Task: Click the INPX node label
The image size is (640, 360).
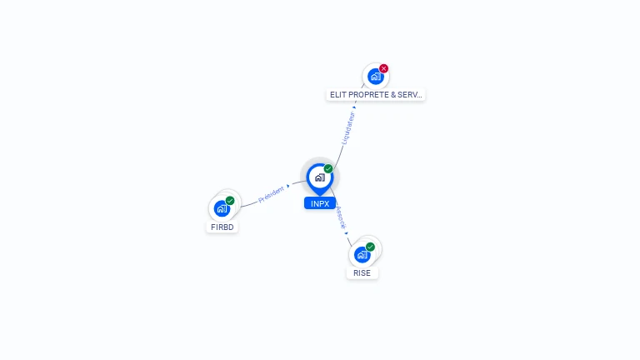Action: pyautogui.click(x=319, y=203)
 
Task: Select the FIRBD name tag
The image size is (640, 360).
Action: pyautogui.click(x=222, y=227)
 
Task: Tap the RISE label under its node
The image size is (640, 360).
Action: pyautogui.click(x=362, y=272)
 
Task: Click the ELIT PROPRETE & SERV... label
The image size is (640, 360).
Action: pyautogui.click(x=376, y=95)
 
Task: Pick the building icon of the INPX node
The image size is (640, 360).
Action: pyautogui.click(x=319, y=177)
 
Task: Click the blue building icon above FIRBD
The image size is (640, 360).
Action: pyautogui.click(x=222, y=208)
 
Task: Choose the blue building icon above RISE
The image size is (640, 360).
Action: pyautogui.click(x=362, y=254)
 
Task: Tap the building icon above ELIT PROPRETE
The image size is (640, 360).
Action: pyautogui.click(x=376, y=77)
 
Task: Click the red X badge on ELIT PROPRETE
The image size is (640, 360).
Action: pyautogui.click(x=383, y=68)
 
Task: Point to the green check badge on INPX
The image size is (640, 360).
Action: pyautogui.click(x=328, y=169)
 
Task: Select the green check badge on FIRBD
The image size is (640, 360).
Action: pyautogui.click(x=230, y=201)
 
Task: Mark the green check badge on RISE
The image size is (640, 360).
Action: pyautogui.click(x=370, y=247)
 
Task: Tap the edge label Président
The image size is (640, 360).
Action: pyautogui.click(x=271, y=195)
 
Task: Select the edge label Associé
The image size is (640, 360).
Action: pyautogui.click(x=340, y=218)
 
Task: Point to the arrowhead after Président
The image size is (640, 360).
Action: pyautogui.click(x=288, y=187)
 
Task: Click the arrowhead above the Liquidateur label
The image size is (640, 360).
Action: pyautogui.click(x=356, y=107)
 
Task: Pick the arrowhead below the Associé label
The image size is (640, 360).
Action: pyautogui.click(x=347, y=234)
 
